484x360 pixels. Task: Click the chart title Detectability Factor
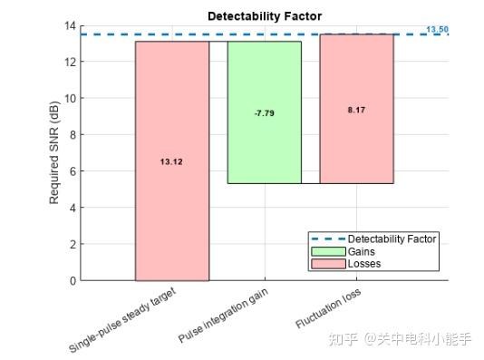(265, 15)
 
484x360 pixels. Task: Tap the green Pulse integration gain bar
(264, 145)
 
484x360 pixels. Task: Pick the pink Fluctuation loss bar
(356, 145)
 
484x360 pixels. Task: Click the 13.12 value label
(171, 161)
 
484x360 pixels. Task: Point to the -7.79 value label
(264, 113)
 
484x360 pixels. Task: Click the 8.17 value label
(356, 110)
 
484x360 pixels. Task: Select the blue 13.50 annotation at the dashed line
(437, 29)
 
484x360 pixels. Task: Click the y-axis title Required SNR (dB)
(54, 152)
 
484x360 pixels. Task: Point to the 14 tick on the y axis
(71, 25)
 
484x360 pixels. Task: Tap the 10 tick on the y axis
(71, 98)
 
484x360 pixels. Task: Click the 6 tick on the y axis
(73, 171)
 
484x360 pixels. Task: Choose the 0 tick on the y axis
(73, 280)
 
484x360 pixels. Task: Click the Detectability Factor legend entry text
(392, 239)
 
